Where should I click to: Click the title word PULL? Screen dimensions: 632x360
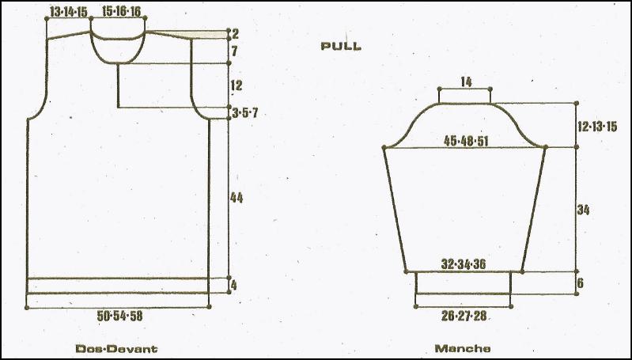click(341, 46)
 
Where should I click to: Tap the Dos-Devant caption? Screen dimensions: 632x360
click(116, 348)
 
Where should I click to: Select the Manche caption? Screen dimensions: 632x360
click(463, 348)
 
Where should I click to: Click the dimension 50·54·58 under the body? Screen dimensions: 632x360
click(119, 316)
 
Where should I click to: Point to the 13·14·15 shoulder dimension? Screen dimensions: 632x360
click(69, 12)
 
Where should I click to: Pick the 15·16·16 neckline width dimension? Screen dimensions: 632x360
click(121, 11)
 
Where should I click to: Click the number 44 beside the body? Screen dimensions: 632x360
click(237, 198)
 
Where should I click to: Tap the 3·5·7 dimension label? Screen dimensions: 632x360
click(245, 113)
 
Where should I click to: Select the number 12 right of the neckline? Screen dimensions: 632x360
click(237, 85)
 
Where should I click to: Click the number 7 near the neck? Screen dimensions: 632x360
click(235, 51)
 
